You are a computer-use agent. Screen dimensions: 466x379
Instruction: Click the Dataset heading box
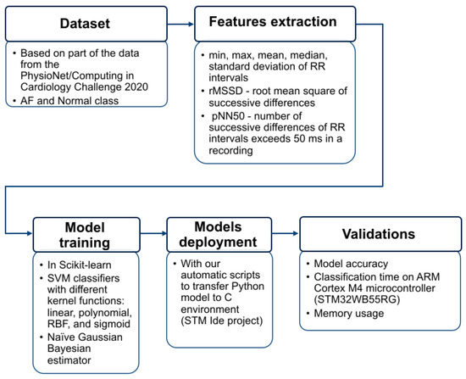pyautogui.click(x=86, y=24)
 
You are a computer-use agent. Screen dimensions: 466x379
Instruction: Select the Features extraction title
pyautogui.click(x=273, y=22)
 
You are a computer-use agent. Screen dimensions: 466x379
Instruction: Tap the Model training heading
pyautogui.click(x=85, y=235)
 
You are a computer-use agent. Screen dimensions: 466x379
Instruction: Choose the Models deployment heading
pyautogui.click(x=218, y=234)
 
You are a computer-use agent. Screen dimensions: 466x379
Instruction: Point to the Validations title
pyautogui.click(x=379, y=234)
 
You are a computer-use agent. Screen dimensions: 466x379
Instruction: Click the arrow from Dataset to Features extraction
pyautogui.click(x=180, y=24)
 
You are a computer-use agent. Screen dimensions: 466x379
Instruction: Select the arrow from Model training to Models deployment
pyautogui.click(x=153, y=233)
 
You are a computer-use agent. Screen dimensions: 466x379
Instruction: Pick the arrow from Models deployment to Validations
pyautogui.click(x=286, y=233)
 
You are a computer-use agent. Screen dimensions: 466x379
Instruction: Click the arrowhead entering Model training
pyautogui.click(x=30, y=233)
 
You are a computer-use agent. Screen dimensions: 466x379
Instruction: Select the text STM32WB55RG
pyautogui.click(x=357, y=299)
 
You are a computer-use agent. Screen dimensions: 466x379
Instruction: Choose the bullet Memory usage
pyautogui.click(x=348, y=313)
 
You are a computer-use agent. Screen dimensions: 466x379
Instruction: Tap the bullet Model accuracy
pyautogui.click(x=351, y=264)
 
